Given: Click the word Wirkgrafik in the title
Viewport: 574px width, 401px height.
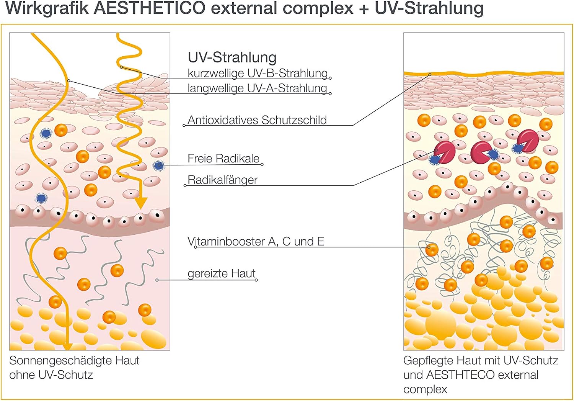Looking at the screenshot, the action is point(47,8).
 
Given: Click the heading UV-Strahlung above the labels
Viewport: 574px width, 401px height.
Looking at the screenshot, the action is point(232,57).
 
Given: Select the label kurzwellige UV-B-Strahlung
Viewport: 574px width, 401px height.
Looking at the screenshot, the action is point(258,73).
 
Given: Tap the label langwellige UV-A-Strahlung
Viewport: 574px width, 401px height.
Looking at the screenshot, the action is point(257,88).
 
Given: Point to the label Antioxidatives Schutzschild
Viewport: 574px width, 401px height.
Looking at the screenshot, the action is point(257,120).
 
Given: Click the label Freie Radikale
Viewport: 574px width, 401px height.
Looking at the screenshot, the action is point(223,159).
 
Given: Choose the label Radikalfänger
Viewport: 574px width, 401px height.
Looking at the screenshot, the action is point(222,180).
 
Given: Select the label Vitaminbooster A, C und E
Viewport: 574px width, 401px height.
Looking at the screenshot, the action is point(256,241).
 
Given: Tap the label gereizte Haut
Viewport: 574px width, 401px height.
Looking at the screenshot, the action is point(222,273).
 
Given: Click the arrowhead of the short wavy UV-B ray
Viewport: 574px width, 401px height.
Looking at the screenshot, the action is point(140,203).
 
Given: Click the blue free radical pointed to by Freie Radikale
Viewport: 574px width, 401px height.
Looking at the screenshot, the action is point(159,165).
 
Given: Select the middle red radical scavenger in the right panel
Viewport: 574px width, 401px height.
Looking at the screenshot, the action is point(481,152).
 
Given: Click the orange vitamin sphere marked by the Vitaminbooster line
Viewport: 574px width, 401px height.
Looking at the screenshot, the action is point(432,249).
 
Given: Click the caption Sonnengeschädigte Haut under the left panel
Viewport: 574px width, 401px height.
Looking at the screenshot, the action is point(74,361).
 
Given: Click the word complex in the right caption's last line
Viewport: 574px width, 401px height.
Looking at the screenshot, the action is point(425,390).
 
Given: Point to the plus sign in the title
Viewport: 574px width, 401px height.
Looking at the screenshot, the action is point(364,9).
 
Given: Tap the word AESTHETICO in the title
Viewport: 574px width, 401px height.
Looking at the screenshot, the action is point(149,8).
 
